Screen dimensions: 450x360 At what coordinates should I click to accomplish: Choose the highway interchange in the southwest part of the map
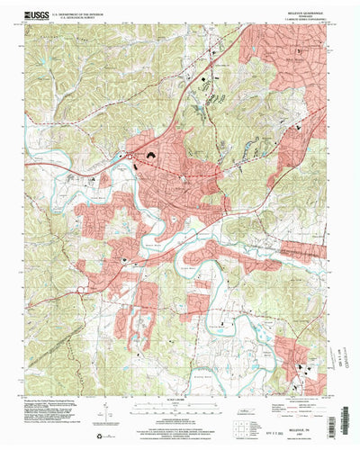coord(82,289)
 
